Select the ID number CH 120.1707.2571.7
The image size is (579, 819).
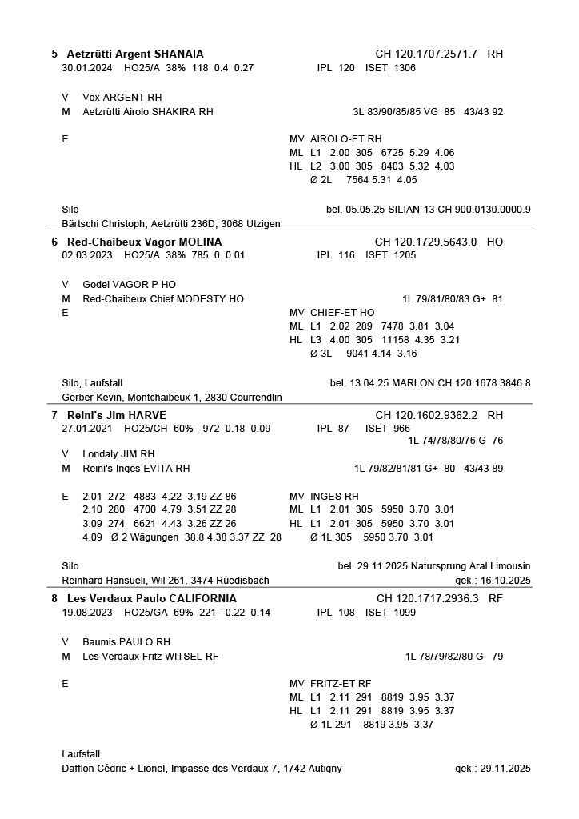(x=426, y=54)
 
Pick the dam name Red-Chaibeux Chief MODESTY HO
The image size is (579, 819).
(x=163, y=298)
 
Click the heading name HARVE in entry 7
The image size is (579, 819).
(x=155, y=416)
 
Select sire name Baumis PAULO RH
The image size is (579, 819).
(x=126, y=642)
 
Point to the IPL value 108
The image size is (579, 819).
(x=345, y=613)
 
